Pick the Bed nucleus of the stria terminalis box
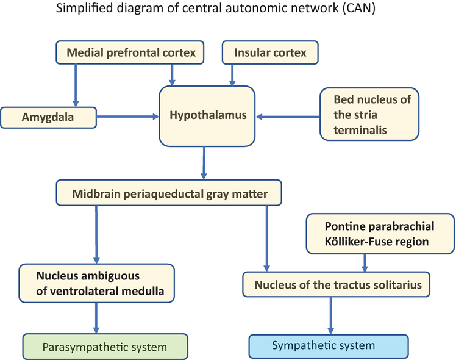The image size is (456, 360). [370, 115]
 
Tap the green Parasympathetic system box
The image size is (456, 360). [104, 347]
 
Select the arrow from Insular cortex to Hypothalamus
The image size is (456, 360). [232, 74]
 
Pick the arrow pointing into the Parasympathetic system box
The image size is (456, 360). [97, 318]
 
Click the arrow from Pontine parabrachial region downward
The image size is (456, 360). [365, 261]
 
